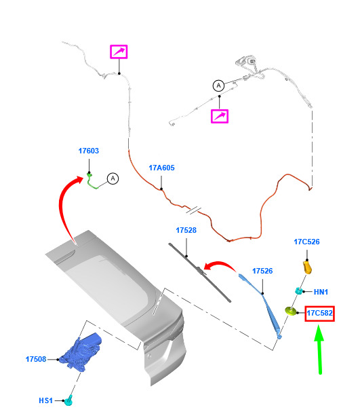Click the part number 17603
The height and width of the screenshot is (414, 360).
click(89, 151)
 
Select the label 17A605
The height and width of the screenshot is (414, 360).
click(161, 168)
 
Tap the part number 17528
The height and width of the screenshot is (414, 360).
click(186, 230)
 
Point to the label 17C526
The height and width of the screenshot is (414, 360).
click(306, 242)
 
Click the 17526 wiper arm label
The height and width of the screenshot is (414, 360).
click(262, 271)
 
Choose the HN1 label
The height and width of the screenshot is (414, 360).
click(321, 292)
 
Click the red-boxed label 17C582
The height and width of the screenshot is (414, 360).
click(319, 314)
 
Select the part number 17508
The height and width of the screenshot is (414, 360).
click(36, 359)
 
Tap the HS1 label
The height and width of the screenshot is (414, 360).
click(46, 400)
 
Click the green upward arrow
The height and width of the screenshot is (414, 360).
click(319, 350)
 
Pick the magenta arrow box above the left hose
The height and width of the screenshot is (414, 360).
click(119, 52)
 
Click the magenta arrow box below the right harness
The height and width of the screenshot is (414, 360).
click(220, 116)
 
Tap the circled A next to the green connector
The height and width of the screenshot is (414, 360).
click(113, 178)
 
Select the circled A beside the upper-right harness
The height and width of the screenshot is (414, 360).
click(218, 86)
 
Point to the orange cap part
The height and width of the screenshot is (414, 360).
click(307, 267)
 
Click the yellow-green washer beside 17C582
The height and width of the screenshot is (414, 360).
click(291, 311)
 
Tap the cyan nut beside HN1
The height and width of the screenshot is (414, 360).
click(298, 290)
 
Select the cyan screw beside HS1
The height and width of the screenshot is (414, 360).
click(69, 400)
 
